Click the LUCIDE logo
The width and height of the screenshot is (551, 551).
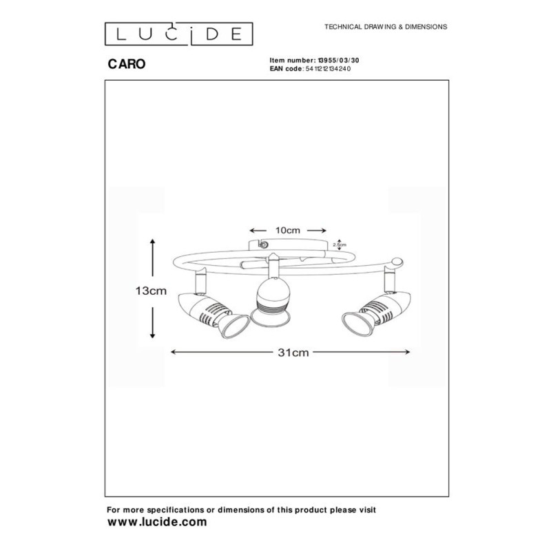pyautogui.click(x=178, y=34)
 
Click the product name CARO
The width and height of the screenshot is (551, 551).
pyautogui.click(x=127, y=64)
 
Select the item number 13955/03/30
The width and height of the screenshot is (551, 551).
pyautogui.click(x=338, y=61)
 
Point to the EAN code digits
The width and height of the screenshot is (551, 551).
pyautogui.click(x=328, y=68)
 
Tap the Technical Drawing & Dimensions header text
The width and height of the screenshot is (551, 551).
pyautogui.click(x=386, y=27)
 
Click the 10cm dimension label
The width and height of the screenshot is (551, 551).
pyautogui.click(x=287, y=231)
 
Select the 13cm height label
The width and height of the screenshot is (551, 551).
pyautogui.click(x=151, y=291)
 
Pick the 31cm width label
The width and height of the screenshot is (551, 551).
pyautogui.click(x=293, y=353)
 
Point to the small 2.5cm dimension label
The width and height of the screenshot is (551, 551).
pyautogui.click(x=340, y=245)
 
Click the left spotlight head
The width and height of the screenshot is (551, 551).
pyautogui.click(x=213, y=314)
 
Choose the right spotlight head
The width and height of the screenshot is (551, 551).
pyautogui.click(x=376, y=313)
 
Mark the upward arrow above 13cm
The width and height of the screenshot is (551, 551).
pyautogui.click(x=152, y=257)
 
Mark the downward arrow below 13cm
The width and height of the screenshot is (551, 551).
pyautogui.click(x=152, y=322)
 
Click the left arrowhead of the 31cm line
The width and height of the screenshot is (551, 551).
pyautogui.click(x=173, y=352)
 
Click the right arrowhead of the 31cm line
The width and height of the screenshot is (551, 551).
pyautogui.click(x=407, y=352)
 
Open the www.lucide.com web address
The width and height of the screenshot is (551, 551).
pyautogui.click(x=157, y=522)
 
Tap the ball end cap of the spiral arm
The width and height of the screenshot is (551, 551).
pyautogui.click(x=397, y=262)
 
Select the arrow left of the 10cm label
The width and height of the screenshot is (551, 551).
pyautogui.click(x=258, y=231)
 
